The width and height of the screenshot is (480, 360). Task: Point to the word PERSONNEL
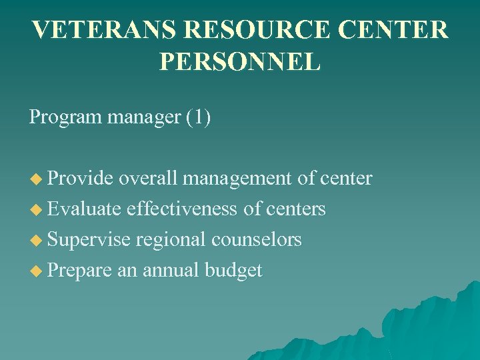[240, 61]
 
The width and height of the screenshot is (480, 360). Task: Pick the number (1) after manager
[198, 118]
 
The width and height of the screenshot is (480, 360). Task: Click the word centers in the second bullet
[295, 209]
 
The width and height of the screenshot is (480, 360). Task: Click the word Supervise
[89, 240]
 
